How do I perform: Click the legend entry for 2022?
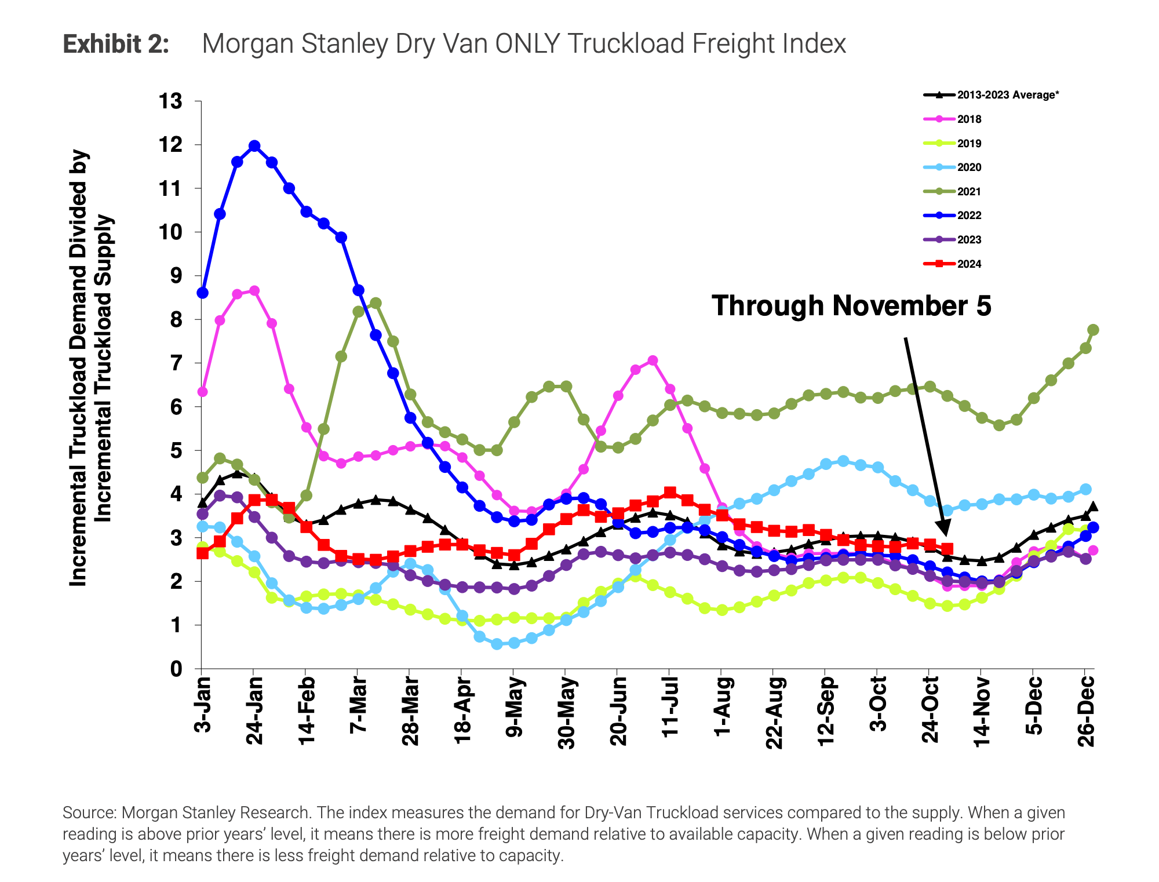pyautogui.click(x=969, y=216)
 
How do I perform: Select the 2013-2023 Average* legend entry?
pyautogui.click(x=1007, y=95)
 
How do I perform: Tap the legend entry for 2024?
pyautogui.click(x=969, y=264)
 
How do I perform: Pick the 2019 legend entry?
pyautogui.click(x=969, y=144)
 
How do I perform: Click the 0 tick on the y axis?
pyautogui.click(x=176, y=669)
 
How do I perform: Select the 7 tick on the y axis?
pyautogui.click(x=176, y=363)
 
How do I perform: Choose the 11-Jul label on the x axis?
pyautogui.click(x=670, y=707)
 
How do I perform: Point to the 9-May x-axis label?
pyautogui.click(x=514, y=707)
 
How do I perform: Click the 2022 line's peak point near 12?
pyautogui.click(x=254, y=145)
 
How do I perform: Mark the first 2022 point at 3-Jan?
pyautogui.click(x=203, y=293)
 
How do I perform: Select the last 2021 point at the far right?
pyautogui.click(x=1093, y=330)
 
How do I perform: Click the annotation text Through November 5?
pyautogui.click(x=851, y=305)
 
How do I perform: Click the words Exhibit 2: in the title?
pyautogui.click(x=116, y=44)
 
